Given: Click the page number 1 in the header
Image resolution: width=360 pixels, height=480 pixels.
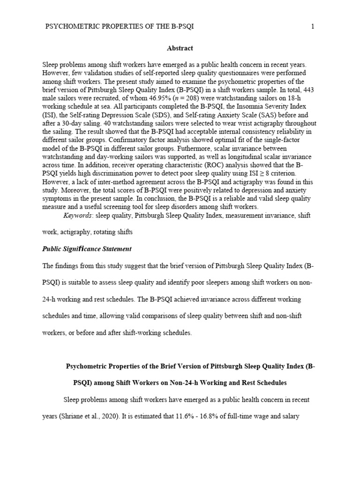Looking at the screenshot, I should point(313,27).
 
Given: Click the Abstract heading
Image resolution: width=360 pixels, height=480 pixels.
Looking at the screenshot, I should point(180,48).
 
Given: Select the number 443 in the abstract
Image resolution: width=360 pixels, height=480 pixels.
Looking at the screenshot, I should point(307,89).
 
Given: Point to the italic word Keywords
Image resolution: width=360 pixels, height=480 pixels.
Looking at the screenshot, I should point(78,216).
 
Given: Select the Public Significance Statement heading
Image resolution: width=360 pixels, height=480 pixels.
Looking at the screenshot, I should point(87,249).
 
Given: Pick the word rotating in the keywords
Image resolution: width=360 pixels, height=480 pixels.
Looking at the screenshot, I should point(107,232).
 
